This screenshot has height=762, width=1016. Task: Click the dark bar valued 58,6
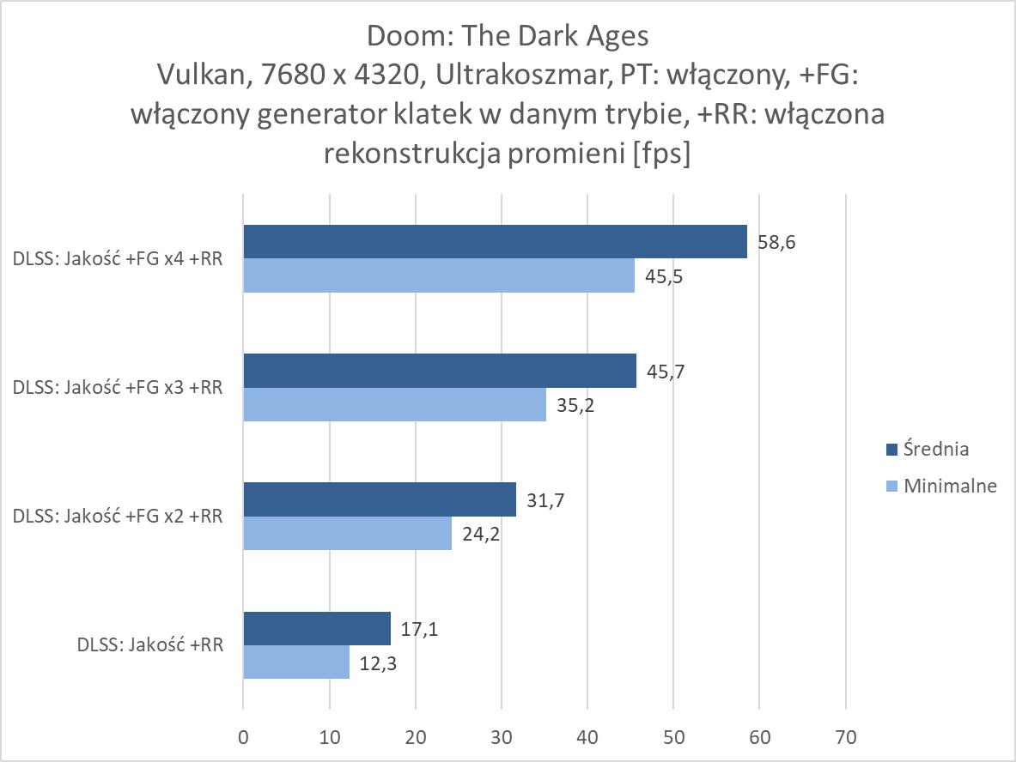tap(495, 242)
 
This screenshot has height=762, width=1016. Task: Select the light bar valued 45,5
tap(439, 275)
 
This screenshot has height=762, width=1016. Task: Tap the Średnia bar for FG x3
tap(440, 371)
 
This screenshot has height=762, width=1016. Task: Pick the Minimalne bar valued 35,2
tap(394, 404)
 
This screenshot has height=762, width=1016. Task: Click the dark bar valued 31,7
tap(380, 499)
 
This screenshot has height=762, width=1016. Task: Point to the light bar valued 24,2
tap(347, 533)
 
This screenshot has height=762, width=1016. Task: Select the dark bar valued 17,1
tap(317, 628)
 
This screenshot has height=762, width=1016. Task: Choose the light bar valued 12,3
tap(296, 662)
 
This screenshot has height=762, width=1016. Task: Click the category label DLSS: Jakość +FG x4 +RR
tap(119, 258)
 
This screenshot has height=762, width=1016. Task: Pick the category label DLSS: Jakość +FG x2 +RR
tap(119, 516)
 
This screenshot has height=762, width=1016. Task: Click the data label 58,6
tap(776, 243)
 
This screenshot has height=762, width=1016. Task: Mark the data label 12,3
tap(379, 662)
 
